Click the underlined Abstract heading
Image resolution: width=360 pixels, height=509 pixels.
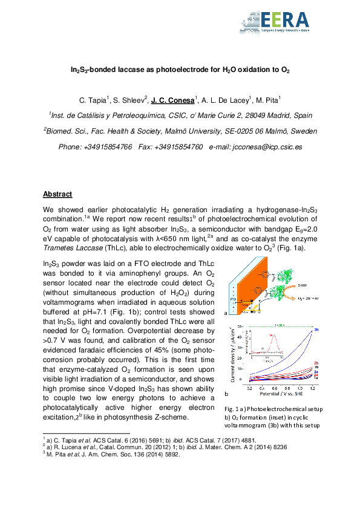tap(57, 194)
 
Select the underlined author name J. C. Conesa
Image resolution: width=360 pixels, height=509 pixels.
tap(172, 99)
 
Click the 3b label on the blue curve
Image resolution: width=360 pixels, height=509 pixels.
tap(316, 330)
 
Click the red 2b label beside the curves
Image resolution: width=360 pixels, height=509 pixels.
tap(316, 363)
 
